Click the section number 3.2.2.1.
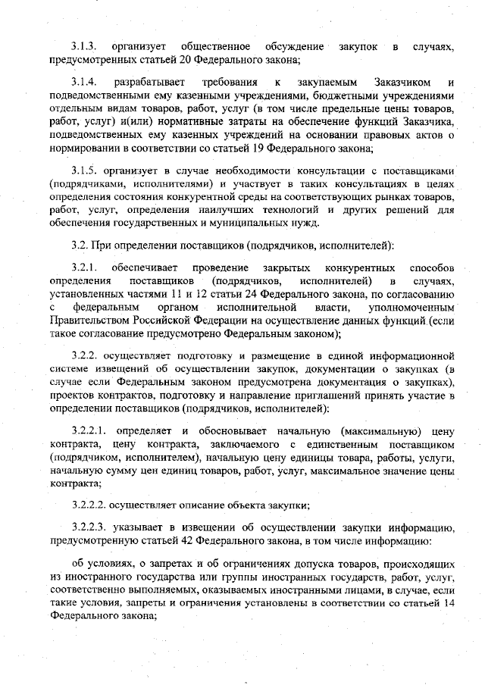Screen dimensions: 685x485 pos(90,430)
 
